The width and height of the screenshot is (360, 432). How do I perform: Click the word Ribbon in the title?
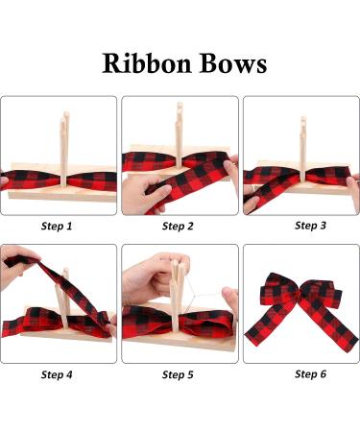(x=147, y=62)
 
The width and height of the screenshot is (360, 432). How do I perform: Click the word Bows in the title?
(x=233, y=62)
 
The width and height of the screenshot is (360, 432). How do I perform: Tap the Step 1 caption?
(x=57, y=227)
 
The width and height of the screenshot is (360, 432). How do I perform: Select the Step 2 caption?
(x=178, y=227)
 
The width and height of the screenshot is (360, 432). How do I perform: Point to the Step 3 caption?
(x=310, y=226)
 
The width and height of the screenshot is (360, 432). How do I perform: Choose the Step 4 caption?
(x=57, y=374)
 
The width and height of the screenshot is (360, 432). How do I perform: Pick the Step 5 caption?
(x=178, y=374)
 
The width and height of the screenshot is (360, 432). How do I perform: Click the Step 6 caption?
(x=310, y=373)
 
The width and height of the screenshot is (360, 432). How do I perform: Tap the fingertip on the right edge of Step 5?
(x=230, y=300)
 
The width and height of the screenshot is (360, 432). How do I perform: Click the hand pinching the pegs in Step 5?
(x=154, y=276)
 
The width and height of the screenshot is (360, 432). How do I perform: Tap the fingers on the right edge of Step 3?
(x=353, y=192)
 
